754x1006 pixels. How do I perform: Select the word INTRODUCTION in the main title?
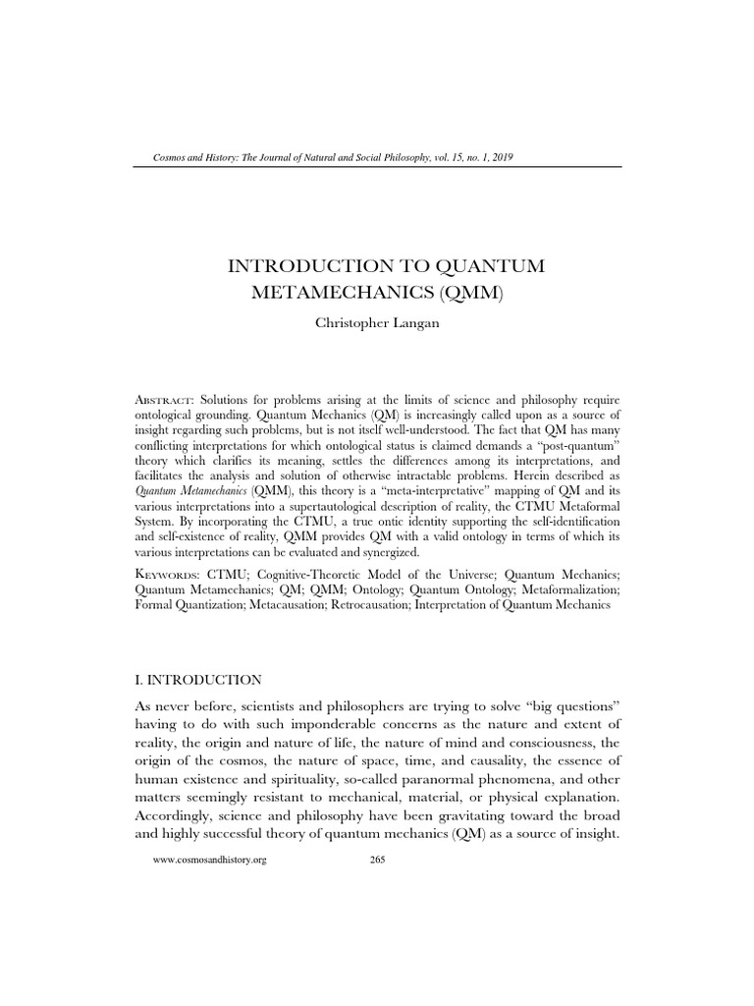tap(309, 266)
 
